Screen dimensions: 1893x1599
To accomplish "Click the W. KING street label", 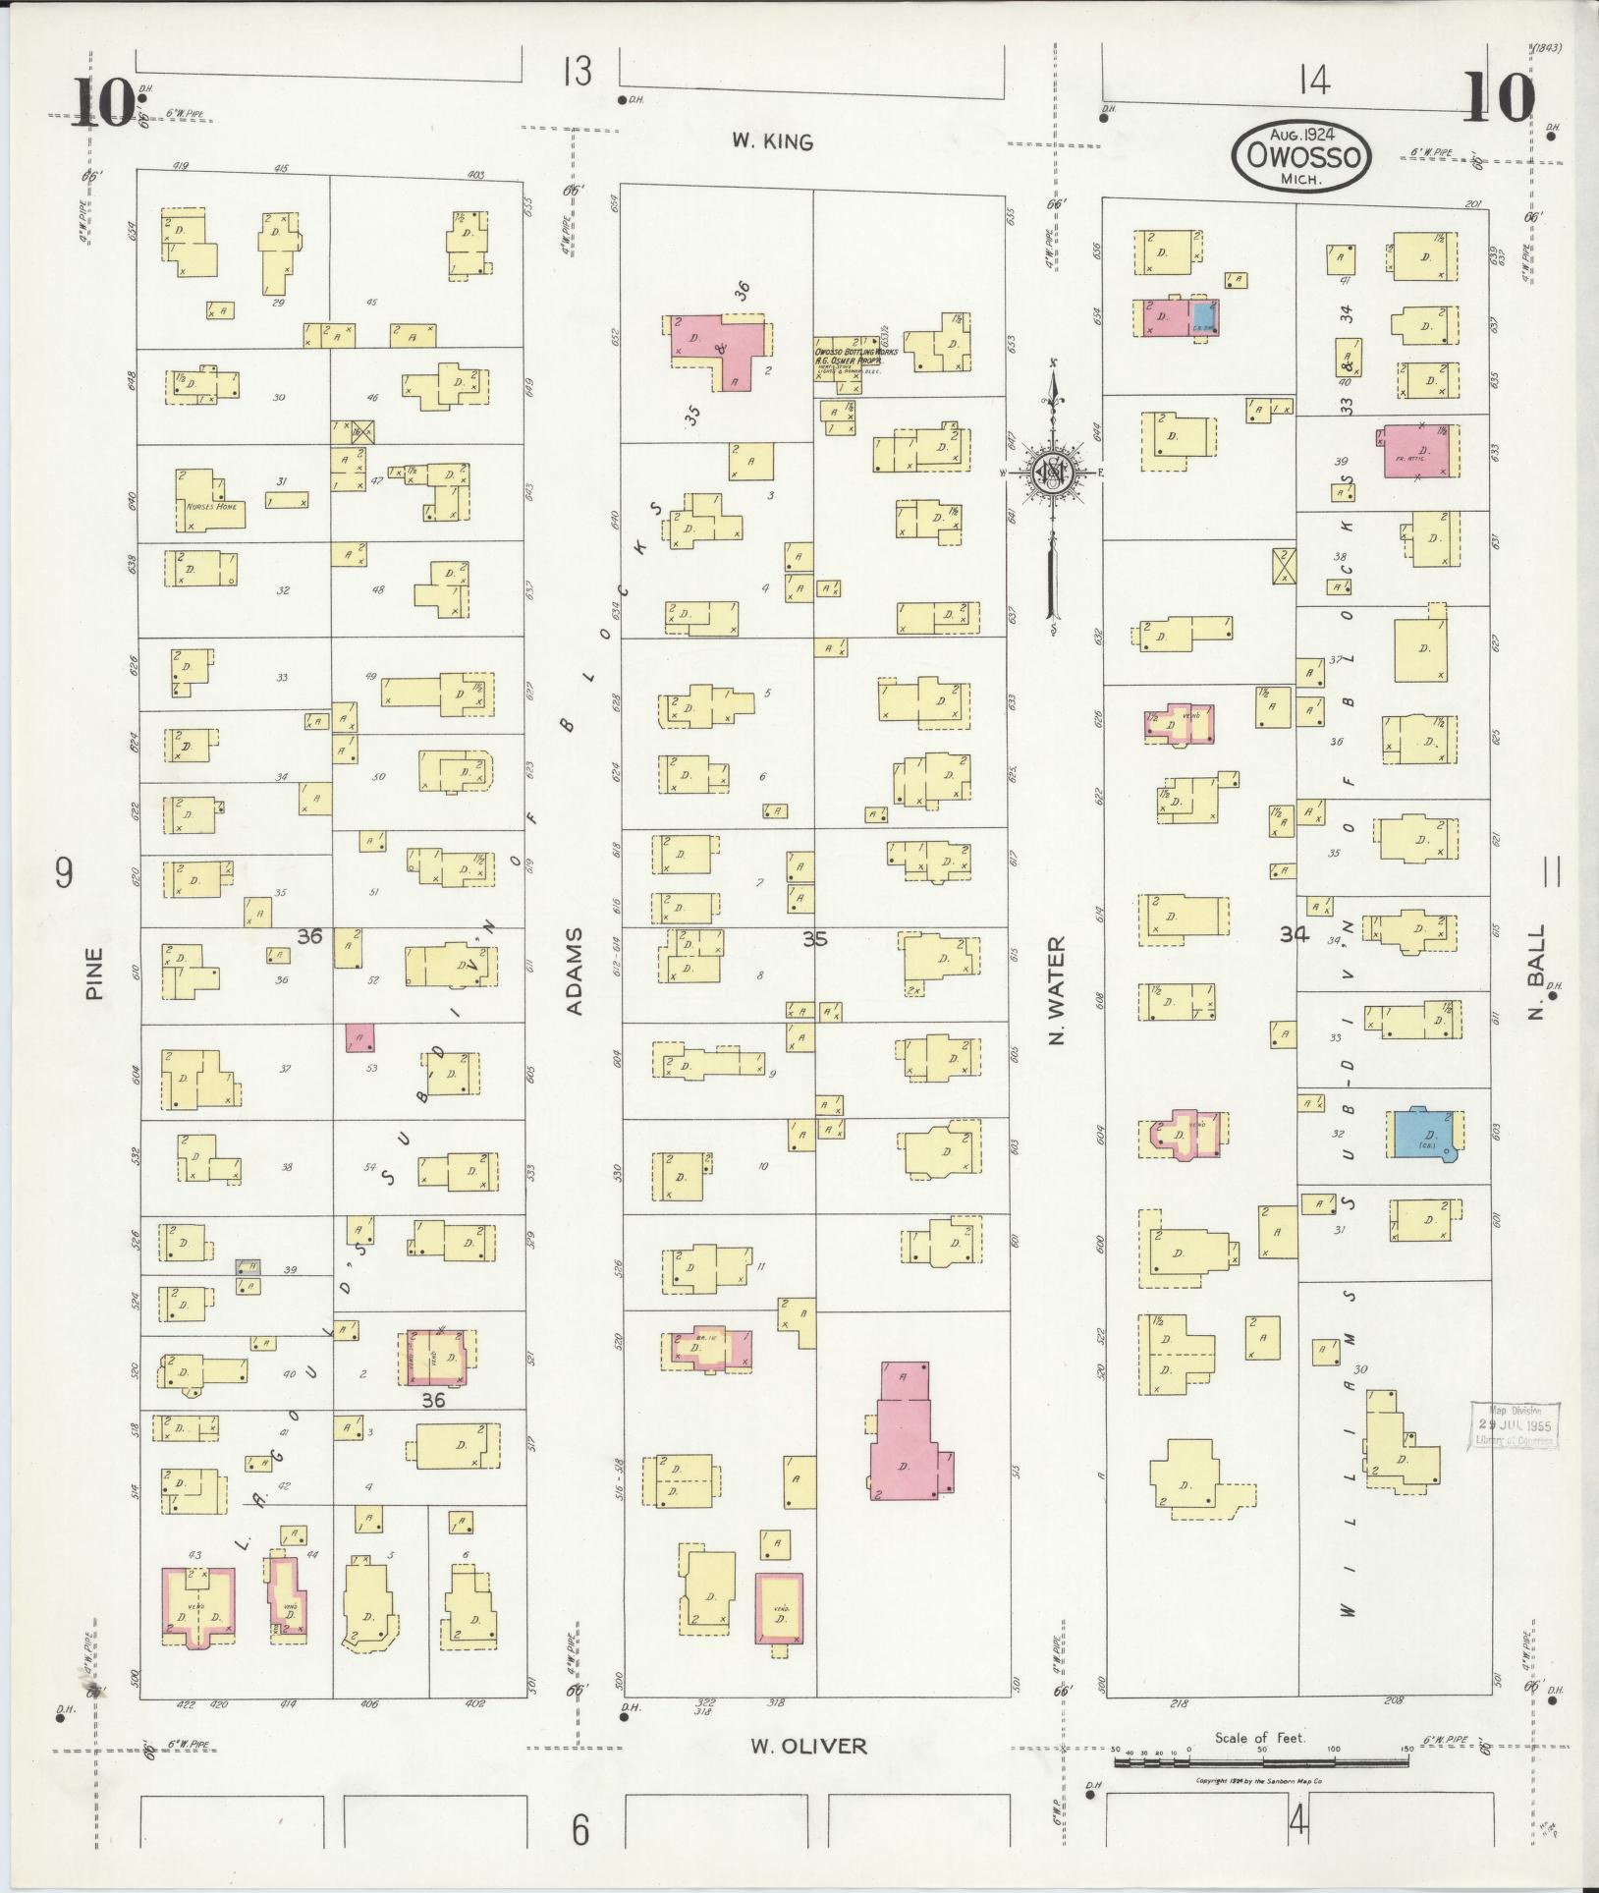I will point(772,141).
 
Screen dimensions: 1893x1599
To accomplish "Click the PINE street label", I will point(94,973).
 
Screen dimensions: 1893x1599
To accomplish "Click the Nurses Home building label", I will point(210,508).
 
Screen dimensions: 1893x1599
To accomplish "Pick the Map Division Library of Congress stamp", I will point(1513,1424).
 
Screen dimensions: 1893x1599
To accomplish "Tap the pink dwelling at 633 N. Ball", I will point(1421,452).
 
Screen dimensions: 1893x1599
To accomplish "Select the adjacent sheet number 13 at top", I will point(578,72).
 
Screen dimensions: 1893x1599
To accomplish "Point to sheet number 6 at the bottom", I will point(580,1830).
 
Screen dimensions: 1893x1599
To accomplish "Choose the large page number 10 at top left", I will point(101,101).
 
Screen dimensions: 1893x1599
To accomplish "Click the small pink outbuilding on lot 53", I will point(359,1037).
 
